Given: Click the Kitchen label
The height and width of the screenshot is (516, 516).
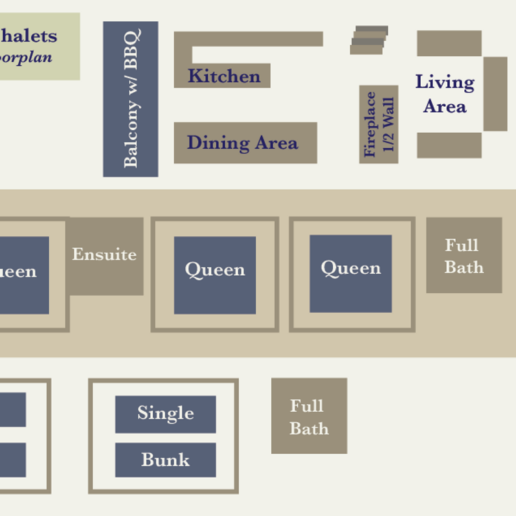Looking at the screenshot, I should pos(224,76).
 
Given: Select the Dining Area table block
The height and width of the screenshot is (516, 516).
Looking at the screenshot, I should pos(245,142).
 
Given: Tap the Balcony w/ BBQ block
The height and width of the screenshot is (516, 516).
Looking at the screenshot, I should pos(130,99).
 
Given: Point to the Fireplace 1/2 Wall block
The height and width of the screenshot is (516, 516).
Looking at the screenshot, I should pos(379,124).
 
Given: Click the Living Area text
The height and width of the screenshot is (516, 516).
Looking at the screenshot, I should pos(445,94).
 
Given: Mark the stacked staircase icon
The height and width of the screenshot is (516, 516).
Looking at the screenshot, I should pos(370,40).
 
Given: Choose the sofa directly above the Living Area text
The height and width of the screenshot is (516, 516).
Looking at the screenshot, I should pos(449,43).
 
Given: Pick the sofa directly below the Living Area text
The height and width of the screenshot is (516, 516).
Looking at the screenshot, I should pos(449,145).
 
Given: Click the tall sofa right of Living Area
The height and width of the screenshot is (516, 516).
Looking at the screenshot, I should pos(495,94).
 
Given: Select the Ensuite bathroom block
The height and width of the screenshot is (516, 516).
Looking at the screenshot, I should pos(105,255).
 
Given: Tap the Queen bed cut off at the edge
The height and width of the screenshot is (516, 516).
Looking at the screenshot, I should pos(23,275).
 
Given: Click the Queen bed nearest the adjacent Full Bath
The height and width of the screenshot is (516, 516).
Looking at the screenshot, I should pos(350,273).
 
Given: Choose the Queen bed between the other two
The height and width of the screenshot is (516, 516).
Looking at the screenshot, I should pos(215,275).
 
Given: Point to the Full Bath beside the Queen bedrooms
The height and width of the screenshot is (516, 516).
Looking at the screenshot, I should pos(464,255).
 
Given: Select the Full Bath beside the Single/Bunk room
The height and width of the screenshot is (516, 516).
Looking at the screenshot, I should pos(309,416).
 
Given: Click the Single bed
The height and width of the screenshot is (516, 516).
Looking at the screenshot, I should pos(165,414).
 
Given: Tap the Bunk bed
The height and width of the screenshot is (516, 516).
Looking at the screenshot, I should pos(165,460).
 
